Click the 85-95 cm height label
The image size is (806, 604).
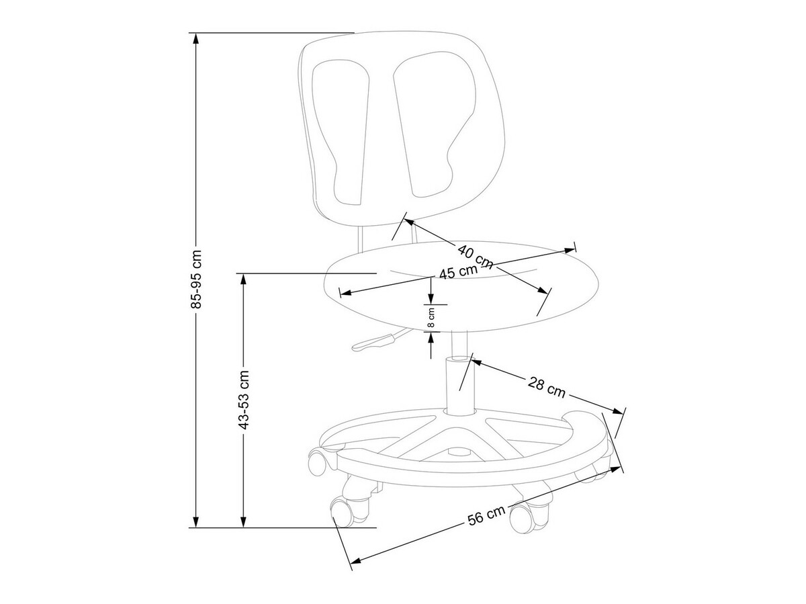pos(196,279)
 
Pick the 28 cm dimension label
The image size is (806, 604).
pos(546,386)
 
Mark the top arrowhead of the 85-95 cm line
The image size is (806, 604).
pos(196,38)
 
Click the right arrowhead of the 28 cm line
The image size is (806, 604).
pos(619,412)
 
